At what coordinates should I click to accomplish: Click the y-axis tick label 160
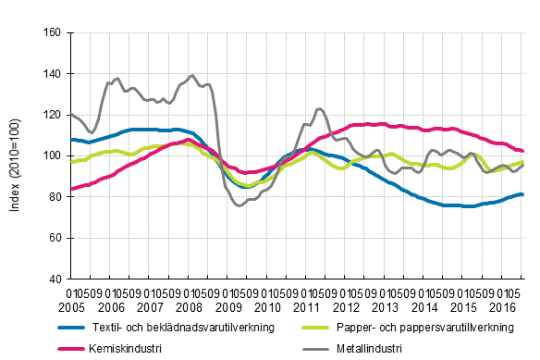(x=52, y=32)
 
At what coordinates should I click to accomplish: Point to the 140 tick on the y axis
(x=52, y=74)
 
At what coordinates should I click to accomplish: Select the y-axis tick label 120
(x=52, y=115)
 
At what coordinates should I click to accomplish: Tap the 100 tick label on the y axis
(x=52, y=155)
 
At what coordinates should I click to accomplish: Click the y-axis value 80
(x=55, y=196)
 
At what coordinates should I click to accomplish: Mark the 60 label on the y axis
(x=55, y=238)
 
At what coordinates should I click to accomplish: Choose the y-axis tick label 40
(x=55, y=279)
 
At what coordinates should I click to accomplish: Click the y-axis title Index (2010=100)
(x=17, y=155)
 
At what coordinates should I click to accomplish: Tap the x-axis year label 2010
(x=268, y=306)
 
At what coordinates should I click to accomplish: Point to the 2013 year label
(x=387, y=306)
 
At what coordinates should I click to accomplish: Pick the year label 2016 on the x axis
(x=504, y=306)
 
